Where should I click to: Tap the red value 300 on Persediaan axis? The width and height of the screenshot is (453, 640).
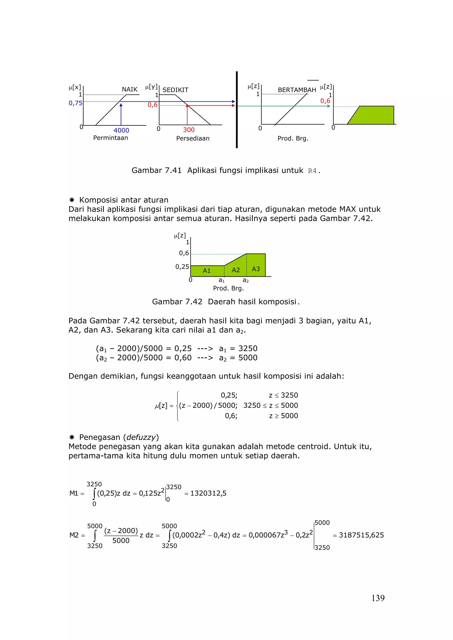click(189, 130)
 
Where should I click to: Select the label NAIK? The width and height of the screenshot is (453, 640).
click(130, 89)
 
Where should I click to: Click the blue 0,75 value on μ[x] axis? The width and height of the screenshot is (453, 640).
click(75, 103)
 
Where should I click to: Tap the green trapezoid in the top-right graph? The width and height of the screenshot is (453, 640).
click(374, 116)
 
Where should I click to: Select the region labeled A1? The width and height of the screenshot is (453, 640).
click(207, 271)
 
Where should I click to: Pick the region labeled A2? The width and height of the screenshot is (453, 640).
click(236, 270)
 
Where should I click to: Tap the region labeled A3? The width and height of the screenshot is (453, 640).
click(256, 269)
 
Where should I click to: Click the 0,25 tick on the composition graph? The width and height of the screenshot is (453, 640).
click(182, 267)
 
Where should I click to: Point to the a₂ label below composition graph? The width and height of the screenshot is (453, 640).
click(245, 280)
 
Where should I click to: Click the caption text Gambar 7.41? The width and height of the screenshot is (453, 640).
click(156, 170)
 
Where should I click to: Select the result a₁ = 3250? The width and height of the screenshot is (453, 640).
click(238, 349)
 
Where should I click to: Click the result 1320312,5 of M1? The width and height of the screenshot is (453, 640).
click(208, 493)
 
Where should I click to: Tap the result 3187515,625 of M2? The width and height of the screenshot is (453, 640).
click(361, 535)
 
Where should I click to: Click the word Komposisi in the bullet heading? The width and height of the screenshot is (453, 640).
click(95, 200)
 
